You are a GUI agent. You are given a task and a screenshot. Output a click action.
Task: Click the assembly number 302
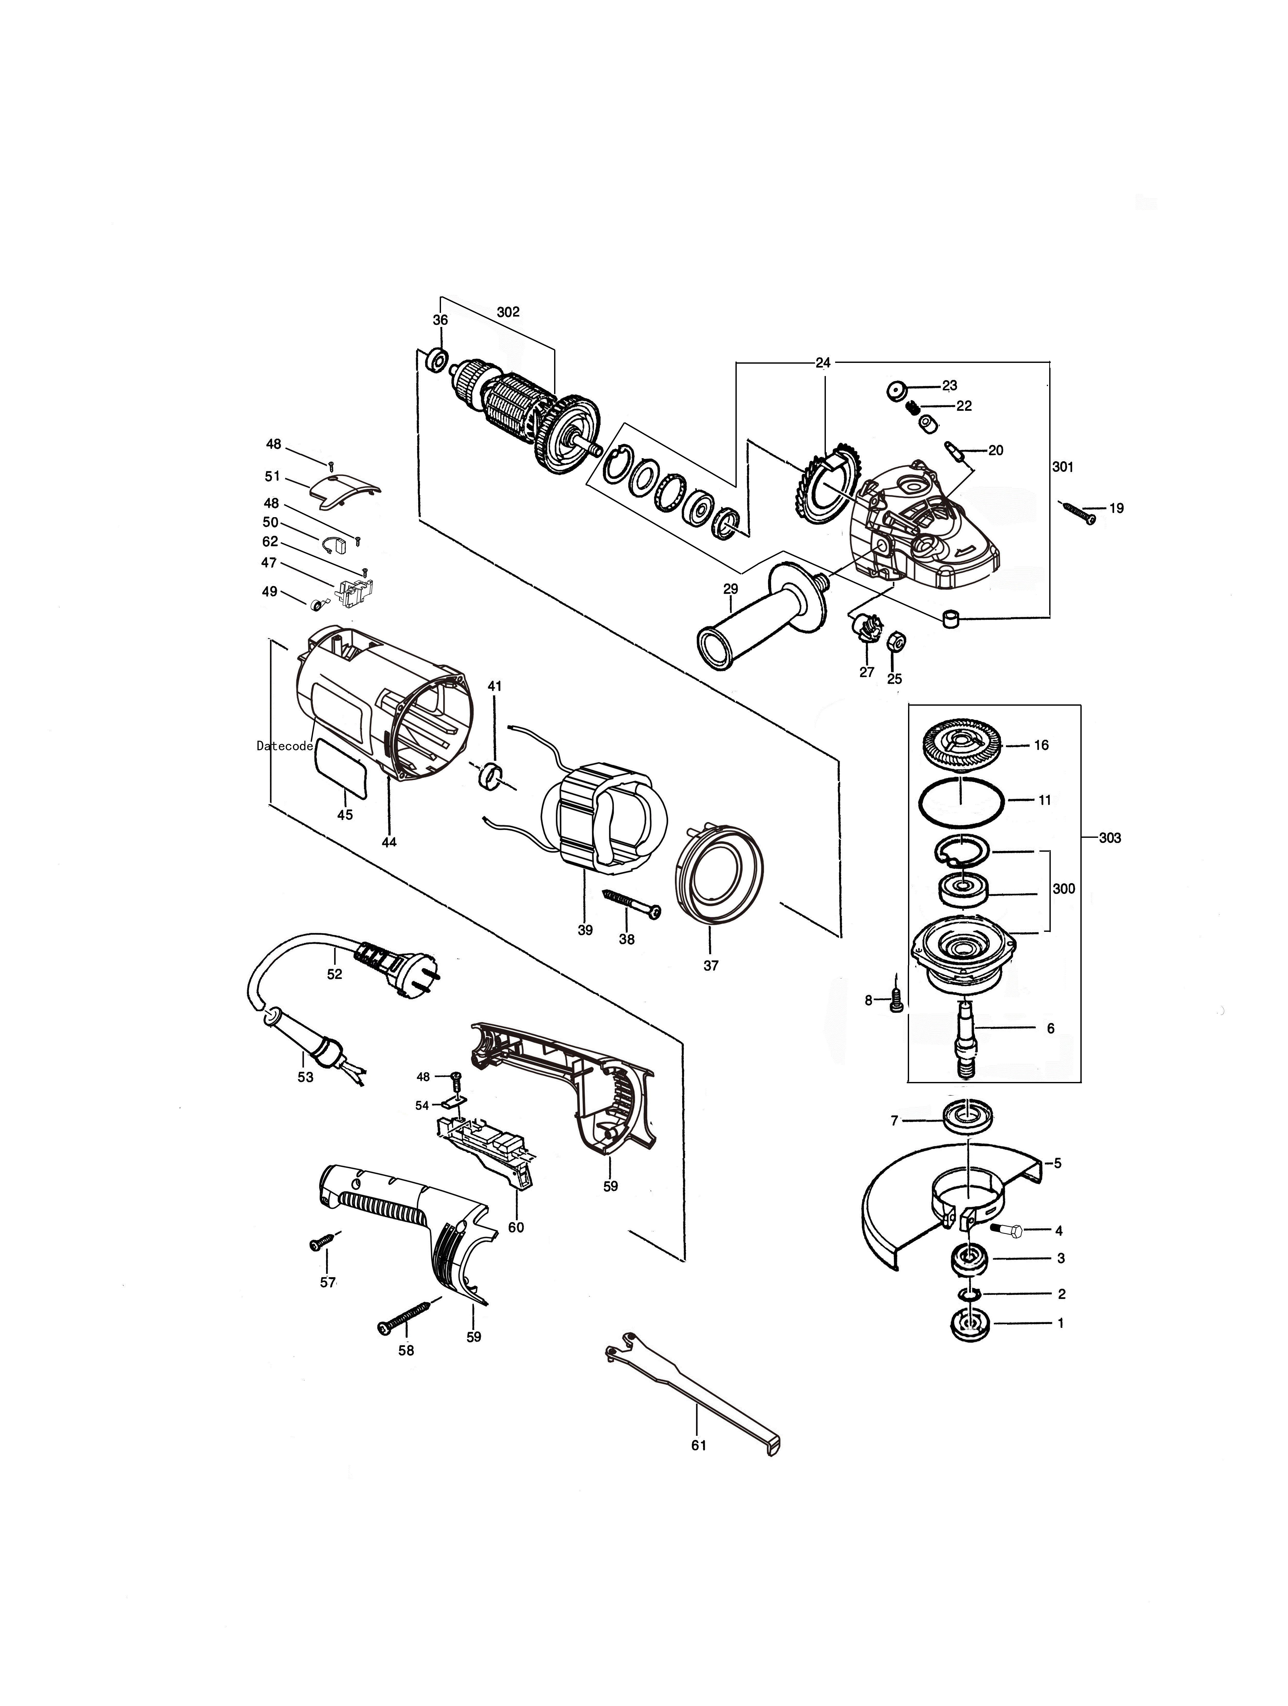tap(508, 312)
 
